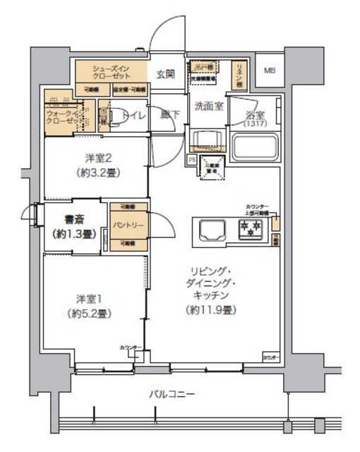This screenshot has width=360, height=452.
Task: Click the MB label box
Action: [270, 71]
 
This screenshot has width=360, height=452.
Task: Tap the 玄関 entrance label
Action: [165, 73]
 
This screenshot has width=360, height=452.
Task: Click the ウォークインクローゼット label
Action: [62, 116]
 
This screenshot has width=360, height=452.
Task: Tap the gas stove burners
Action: [249, 227]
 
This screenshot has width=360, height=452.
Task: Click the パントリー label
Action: [128, 225]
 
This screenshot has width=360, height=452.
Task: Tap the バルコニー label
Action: [172, 393]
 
